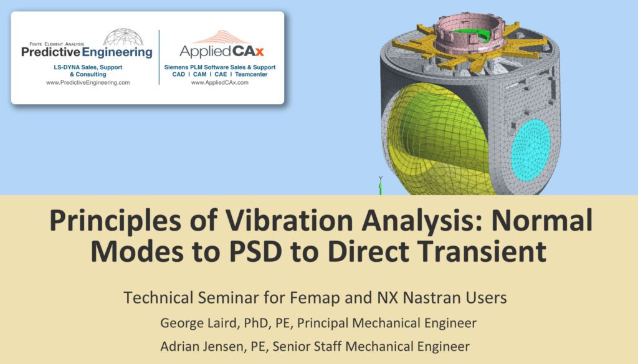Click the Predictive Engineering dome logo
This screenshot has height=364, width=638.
tap(123, 37)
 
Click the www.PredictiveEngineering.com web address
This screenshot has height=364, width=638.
tap(88, 82)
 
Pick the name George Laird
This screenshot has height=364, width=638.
tap(199, 323)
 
